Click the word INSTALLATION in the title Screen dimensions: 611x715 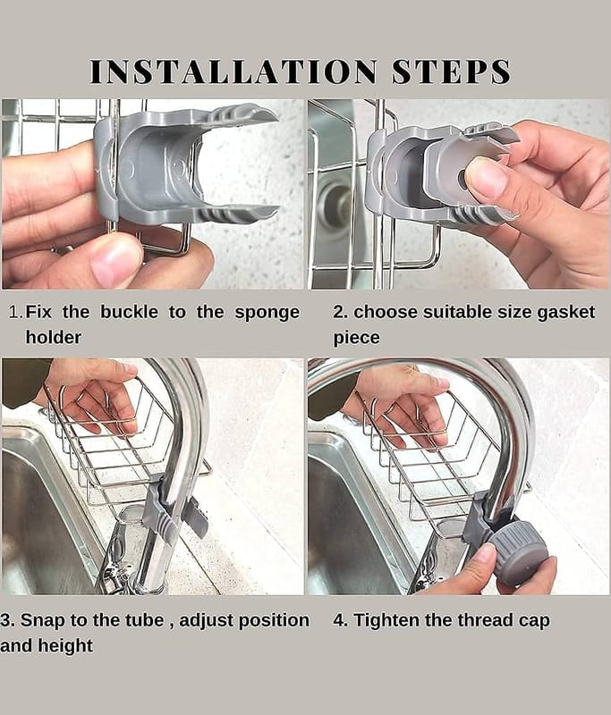[233, 71]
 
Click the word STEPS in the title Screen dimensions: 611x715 [451, 71]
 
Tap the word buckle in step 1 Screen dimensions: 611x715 [129, 312]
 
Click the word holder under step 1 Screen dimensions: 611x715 [54, 338]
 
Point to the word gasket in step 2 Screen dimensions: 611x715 [566, 313]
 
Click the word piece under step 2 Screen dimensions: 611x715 [356, 339]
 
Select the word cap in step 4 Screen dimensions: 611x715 [534, 621]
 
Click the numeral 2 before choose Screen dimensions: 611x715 [338, 312]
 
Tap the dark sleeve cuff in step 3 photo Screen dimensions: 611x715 [24, 382]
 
